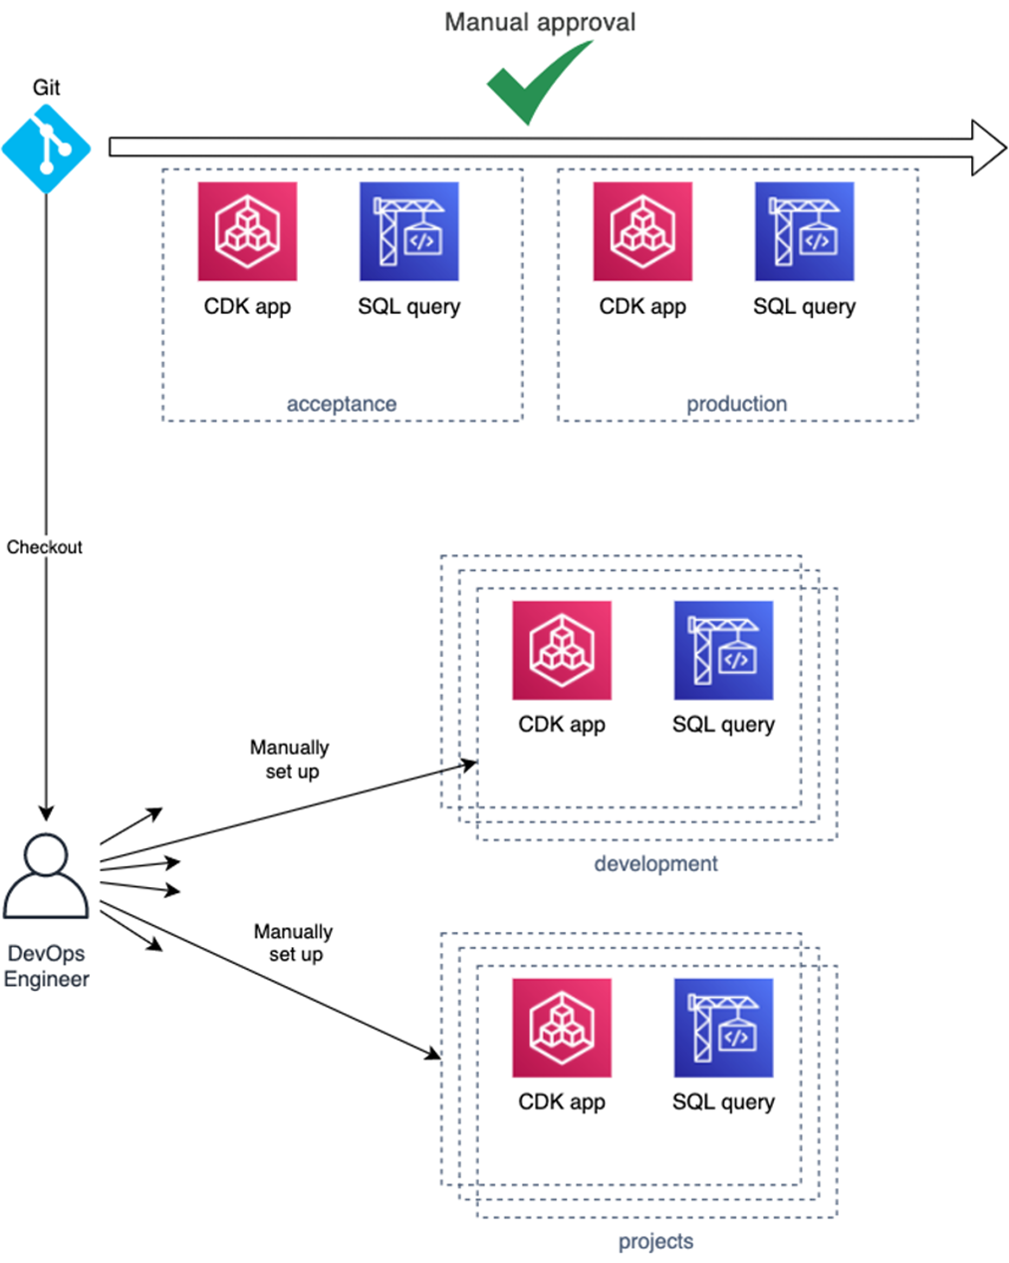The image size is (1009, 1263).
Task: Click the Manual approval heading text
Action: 539,22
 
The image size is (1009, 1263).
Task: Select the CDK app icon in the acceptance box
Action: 247,231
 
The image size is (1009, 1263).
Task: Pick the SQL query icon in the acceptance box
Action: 408,231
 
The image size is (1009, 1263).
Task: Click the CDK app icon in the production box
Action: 642,231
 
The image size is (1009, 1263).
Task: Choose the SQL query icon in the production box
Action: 804,231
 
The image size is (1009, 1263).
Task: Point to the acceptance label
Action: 342,404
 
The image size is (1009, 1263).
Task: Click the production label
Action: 736,404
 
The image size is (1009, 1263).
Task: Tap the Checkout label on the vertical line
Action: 45,547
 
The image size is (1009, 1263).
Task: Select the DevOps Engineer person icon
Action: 46,876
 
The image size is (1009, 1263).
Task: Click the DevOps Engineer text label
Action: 46,966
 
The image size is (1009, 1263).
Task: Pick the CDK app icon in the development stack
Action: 562,650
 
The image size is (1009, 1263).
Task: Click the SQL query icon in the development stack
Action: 723,650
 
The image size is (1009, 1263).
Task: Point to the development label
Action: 655,863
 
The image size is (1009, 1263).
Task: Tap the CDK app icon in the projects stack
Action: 562,1028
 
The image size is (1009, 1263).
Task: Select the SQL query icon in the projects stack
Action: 723,1028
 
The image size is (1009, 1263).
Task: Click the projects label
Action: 655,1241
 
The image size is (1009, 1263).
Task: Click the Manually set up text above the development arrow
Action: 290,759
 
